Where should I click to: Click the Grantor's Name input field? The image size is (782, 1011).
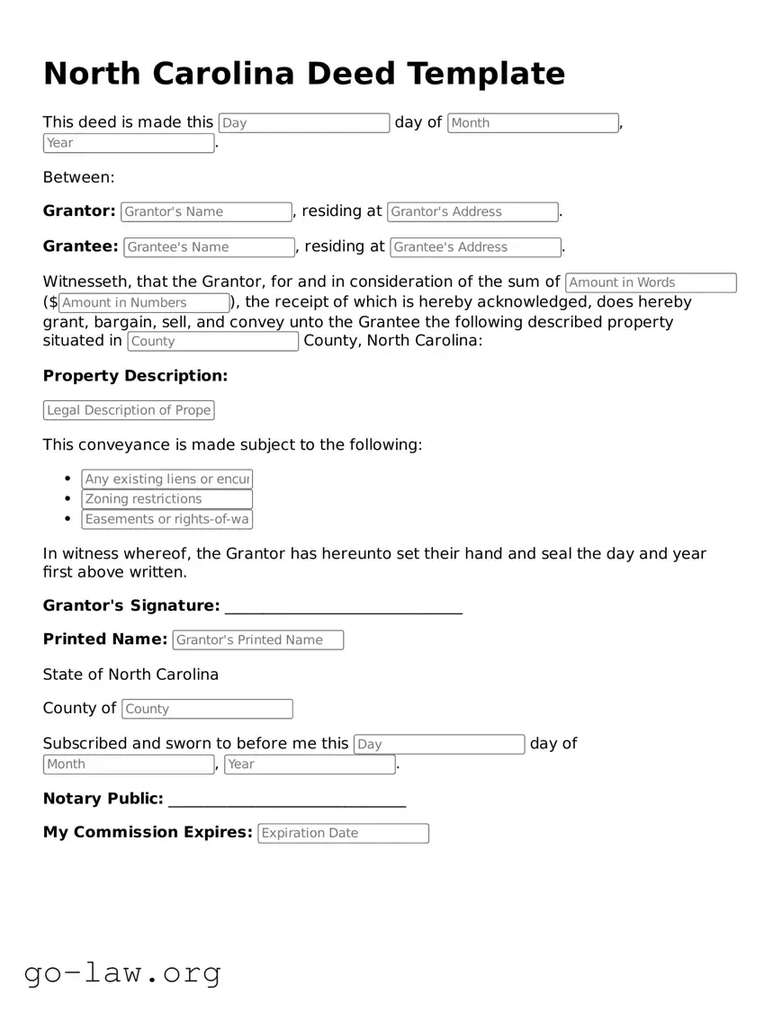pyautogui.click(x=206, y=212)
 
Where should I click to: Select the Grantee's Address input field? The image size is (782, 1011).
pyautogui.click(x=475, y=247)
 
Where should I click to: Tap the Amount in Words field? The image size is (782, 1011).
pyautogui.click(x=650, y=283)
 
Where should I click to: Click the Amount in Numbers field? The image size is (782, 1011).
pyautogui.click(x=144, y=303)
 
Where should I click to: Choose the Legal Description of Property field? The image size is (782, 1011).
pyautogui.click(x=129, y=410)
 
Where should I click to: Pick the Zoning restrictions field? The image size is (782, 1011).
pyautogui.click(x=166, y=499)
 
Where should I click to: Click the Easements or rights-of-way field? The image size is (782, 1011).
pyautogui.click(x=166, y=519)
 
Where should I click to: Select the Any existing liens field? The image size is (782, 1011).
pyautogui.click(x=166, y=479)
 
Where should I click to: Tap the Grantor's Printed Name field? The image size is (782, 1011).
pyautogui.click(x=257, y=640)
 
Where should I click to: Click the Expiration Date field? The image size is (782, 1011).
pyautogui.click(x=343, y=833)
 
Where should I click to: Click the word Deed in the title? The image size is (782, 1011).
pyautogui.click(x=355, y=74)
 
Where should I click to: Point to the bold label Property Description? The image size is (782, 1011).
pyautogui.click(x=135, y=376)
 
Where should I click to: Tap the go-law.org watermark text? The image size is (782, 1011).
pyautogui.click(x=122, y=972)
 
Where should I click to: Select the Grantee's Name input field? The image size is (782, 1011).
pyautogui.click(x=209, y=247)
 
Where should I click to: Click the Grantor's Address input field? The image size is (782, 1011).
pyautogui.click(x=472, y=212)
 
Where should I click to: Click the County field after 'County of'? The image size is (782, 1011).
pyautogui.click(x=207, y=709)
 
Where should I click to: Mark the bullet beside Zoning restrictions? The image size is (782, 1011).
pyautogui.click(x=68, y=499)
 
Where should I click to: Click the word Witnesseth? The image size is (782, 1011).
pyautogui.click(x=86, y=282)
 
